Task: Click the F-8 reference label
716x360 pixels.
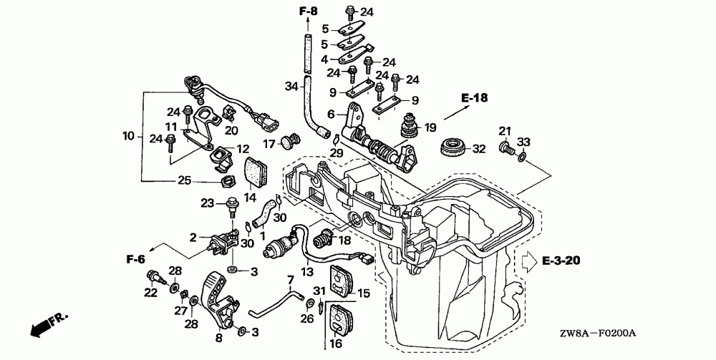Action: [x=306, y=11]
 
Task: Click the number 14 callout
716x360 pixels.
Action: [x=250, y=198]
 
